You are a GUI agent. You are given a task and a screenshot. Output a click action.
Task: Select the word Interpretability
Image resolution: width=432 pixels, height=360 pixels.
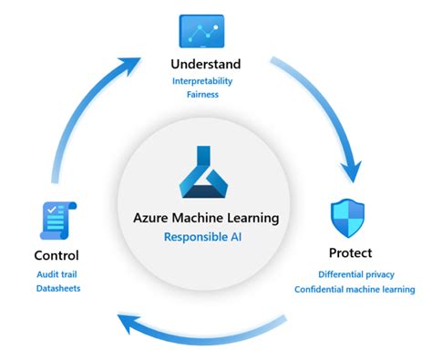pyautogui.click(x=215, y=82)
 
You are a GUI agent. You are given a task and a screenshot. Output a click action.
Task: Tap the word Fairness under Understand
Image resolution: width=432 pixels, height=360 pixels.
pyautogui.click(x=215, y=95)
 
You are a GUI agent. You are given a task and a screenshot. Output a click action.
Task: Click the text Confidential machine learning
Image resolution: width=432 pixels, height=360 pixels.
pyautogui.click(x=354, y=290)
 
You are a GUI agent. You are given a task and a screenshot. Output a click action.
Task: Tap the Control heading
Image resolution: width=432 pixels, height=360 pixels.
pyautogui.click(x=57, y=255)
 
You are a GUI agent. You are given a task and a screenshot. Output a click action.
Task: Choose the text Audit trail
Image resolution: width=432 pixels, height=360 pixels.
pyautogui.click(x=57, y=274)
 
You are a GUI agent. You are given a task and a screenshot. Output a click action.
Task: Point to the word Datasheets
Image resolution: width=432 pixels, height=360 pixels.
pyautogui.click(x=57, y=289)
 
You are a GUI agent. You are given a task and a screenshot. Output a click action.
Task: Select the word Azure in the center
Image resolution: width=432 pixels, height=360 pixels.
pyautogui.click(x=152, y=218)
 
